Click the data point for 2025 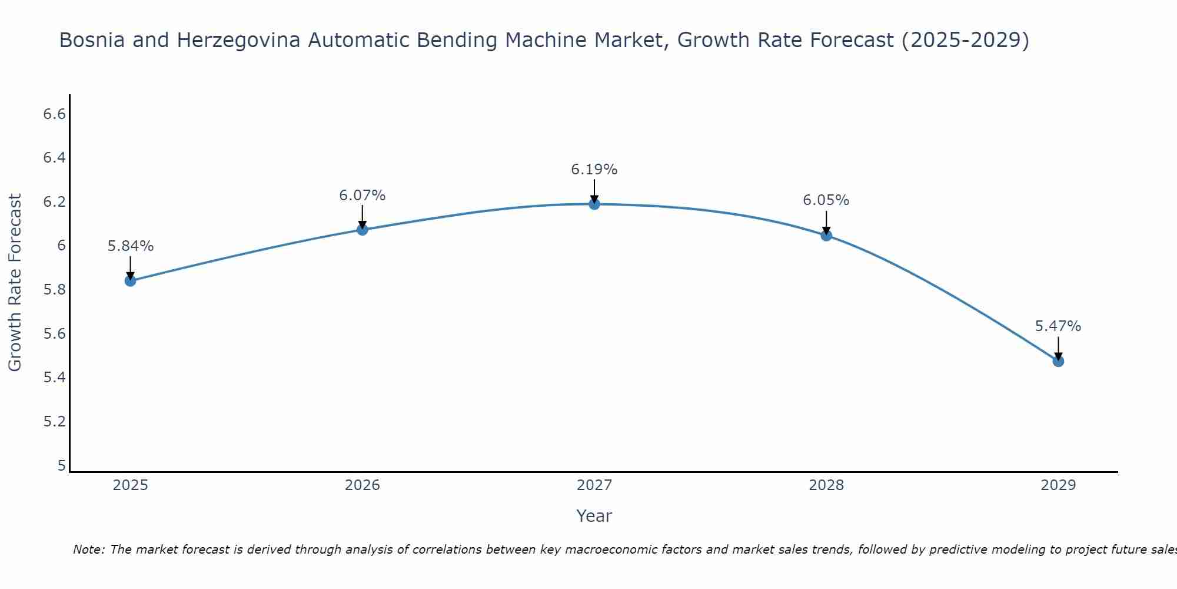pos(131,281)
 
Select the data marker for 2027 pos(594,204)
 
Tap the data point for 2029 pos(1058,361)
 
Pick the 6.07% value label pos(363,196)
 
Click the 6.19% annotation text pos(594,170)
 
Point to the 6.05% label pos(826,200)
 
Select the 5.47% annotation pos(1058,326)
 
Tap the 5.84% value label pos(131,246)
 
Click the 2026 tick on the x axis pos(363,485)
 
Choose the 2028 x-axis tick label pos(826,485)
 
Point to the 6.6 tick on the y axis pos(55,114)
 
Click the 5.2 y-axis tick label pos(55,422)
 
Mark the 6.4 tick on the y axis pos(55,158)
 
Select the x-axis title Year pos(594,516)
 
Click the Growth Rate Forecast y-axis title pos(15,283)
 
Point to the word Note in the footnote pos(88,550)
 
